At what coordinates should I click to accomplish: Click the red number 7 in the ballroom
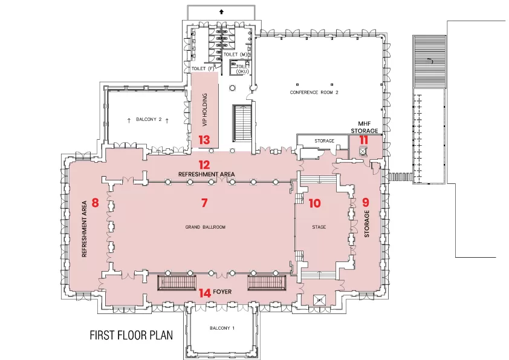[x=204, y=203]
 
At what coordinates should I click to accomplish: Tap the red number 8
[x=95, y=203]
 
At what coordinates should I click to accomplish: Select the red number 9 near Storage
[x=366, y=203]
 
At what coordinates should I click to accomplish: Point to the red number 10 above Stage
[x=314, y=203]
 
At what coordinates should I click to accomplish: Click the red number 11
[x=364, y=140]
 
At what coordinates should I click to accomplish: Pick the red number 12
[x=204, y=165]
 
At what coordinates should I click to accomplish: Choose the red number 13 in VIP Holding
[x=204, y=140]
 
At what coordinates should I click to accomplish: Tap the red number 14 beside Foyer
[x=205, y=293]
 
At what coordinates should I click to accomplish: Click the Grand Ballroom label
[x=205, y=227]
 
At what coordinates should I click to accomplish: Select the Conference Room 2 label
[x=314, y=93]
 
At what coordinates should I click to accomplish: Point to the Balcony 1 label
[x=222, y=328]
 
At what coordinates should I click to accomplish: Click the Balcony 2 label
[x=149, y=120]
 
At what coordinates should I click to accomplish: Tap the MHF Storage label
[x=365, y=128]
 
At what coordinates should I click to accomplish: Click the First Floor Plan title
[x=131, y=335]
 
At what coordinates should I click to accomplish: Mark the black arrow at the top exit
[x=221, y=12]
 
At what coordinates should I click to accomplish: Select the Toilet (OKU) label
[x=242, y=69]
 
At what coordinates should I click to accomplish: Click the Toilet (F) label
[x=203, y=69]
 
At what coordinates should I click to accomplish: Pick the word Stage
[x=319, y=227]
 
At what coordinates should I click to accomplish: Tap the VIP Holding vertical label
[x=204, y=110]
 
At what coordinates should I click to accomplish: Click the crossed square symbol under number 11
[x=363, y=151]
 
